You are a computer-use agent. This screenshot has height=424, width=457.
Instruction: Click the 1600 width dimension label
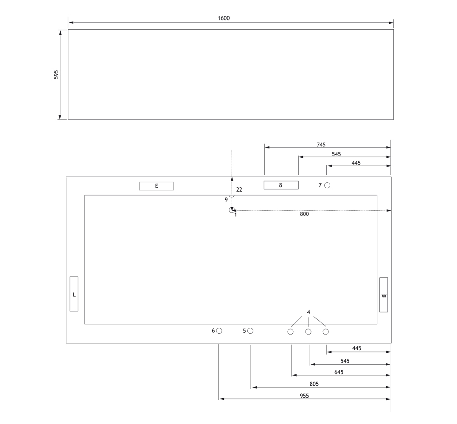(224, 18)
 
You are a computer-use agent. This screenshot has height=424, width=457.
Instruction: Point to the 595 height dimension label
(56, 75)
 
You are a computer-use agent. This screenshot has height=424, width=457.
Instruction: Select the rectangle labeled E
(157, 186)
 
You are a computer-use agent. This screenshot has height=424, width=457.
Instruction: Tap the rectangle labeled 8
(281, 185)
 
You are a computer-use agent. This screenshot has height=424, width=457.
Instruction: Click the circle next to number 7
(327, 185)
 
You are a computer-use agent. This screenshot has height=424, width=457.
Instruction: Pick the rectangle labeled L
(74, 294)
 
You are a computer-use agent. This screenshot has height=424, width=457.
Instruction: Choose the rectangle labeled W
(384, 295)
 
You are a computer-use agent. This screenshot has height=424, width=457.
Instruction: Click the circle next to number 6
(219, 331)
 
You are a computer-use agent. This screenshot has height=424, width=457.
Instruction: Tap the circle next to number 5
(250, 331)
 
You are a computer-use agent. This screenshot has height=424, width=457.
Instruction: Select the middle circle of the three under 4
(308, 332)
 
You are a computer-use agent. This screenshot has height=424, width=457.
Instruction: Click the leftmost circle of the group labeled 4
(290, 332)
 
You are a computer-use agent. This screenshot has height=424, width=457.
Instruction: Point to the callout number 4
(308, 312)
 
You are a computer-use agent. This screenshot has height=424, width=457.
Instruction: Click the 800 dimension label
(304, 214)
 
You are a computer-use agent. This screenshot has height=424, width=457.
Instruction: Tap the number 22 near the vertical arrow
(239, 190)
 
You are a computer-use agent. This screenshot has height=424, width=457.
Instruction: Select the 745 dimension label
(321, 145)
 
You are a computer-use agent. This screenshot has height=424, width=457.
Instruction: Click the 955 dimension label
(304, 396)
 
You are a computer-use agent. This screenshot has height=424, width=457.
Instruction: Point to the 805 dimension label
(314, 384)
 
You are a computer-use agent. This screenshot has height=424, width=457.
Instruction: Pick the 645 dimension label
(339, 372)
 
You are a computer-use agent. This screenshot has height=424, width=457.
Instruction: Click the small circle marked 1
(232, 210)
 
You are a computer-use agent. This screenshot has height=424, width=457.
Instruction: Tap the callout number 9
(226, 200)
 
